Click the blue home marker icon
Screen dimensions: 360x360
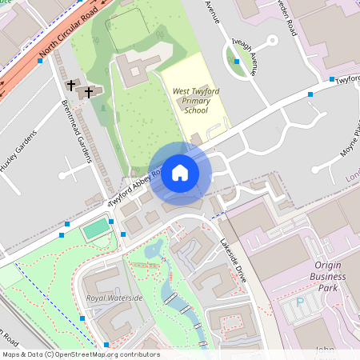[x=180, y=172]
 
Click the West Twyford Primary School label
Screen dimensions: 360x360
[x=196, y=101]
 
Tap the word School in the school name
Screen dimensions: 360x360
[x=196, y=110]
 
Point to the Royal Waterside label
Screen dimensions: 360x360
[x=114, y=298]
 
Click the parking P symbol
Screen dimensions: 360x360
[x=300, y=302]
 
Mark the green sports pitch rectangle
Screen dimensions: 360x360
[x=95, y=230]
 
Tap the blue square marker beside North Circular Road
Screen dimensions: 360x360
[x=40, y=60]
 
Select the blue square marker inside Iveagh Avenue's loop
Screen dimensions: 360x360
[x=237, y=61]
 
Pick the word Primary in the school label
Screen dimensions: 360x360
[x=196, y=101]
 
